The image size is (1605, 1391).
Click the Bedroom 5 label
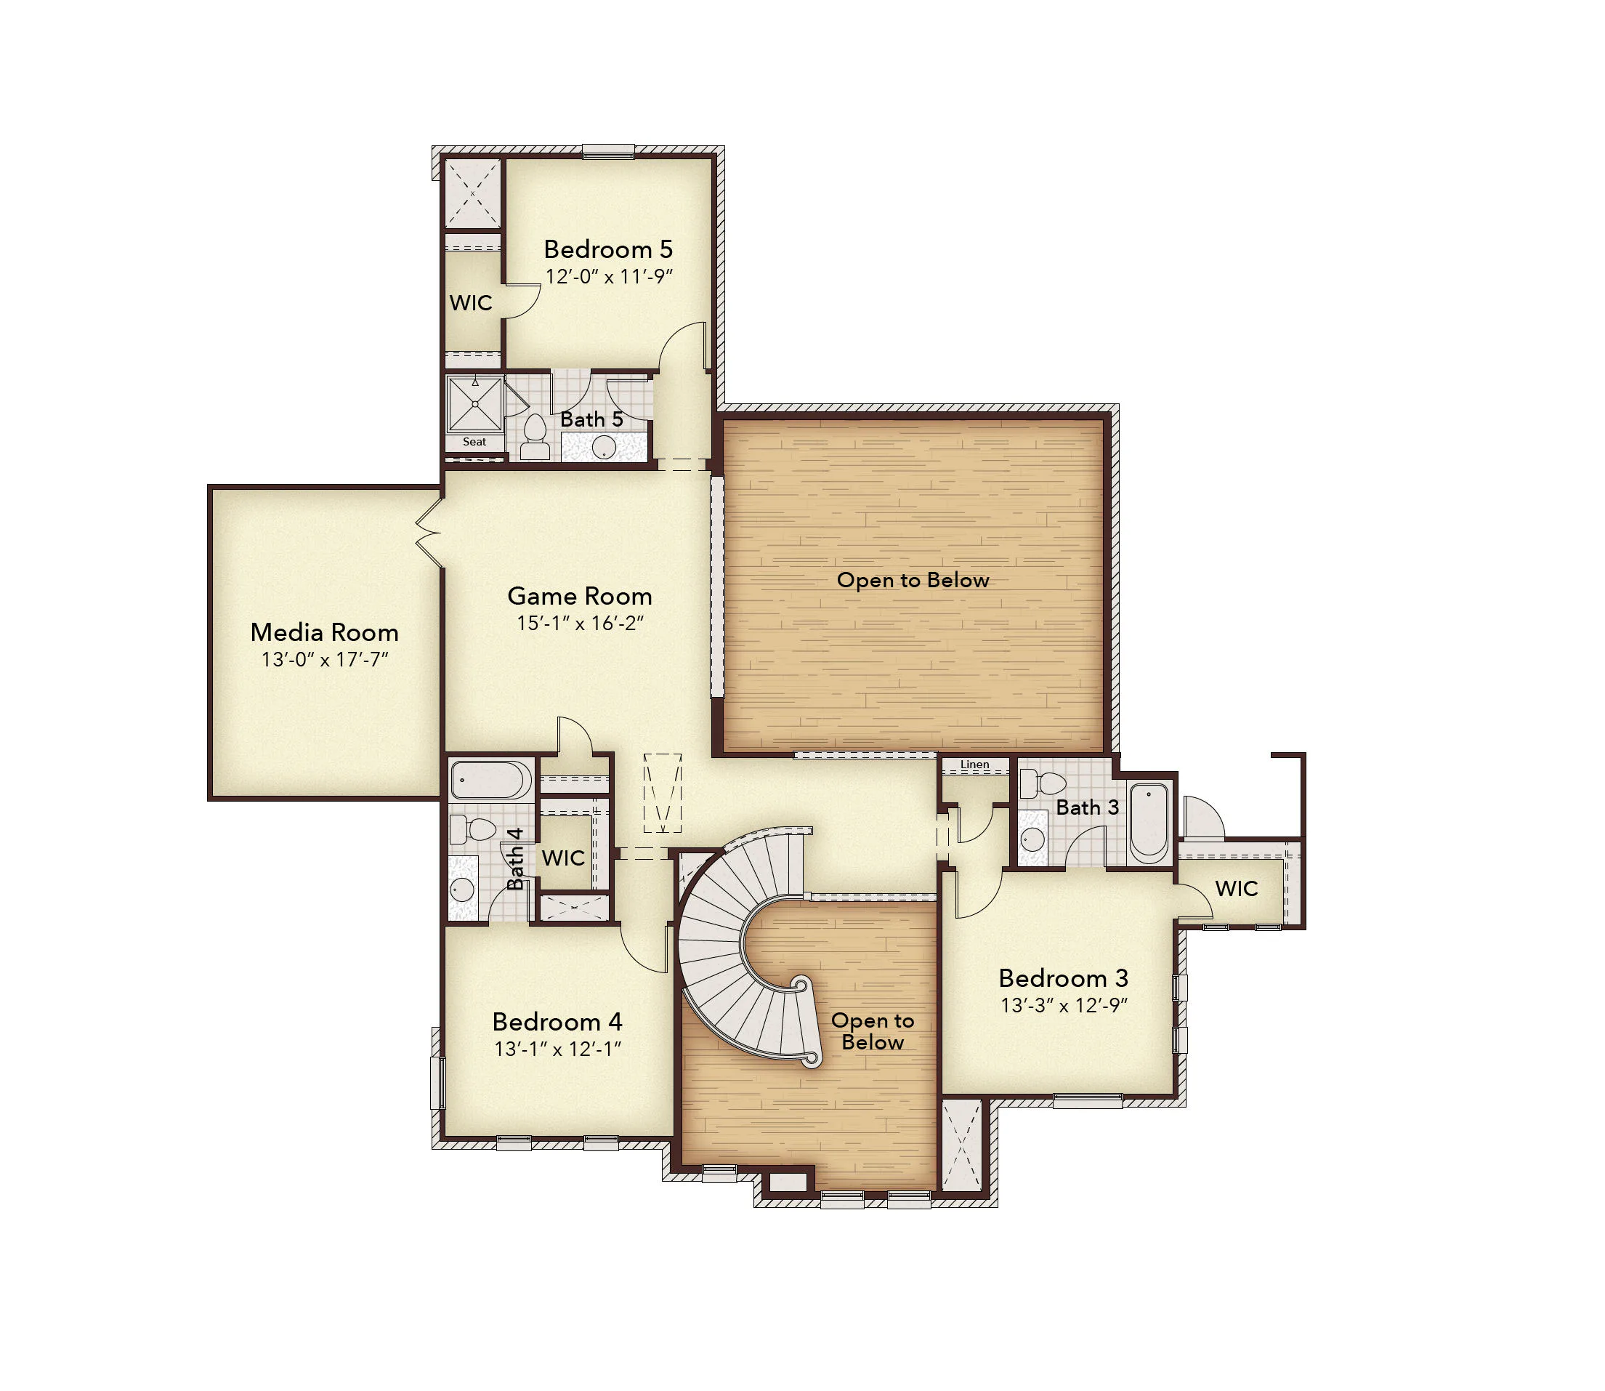[607, 249]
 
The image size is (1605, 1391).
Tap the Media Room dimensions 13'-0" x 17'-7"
[324, 659]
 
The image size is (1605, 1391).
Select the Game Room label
[580, 595]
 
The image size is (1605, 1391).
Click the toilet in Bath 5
[535, 437]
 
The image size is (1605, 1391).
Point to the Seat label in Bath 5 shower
[474, 442]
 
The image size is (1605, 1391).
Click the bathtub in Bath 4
[490, 779]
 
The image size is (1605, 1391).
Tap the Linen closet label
[975, 765]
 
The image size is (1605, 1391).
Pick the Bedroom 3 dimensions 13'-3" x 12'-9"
[1063, 1005]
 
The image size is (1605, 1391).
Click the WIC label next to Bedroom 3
[1237, 888]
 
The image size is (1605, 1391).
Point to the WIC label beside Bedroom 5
[470, 303]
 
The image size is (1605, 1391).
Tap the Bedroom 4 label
[557, 1022]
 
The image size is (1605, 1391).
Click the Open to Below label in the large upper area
[913, 580]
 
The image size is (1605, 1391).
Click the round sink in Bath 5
[604, 447]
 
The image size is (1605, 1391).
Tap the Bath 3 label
[1088, 807]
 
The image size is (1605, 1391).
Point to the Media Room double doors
[429, 532]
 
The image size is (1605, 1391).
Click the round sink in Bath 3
[1032, 839]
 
